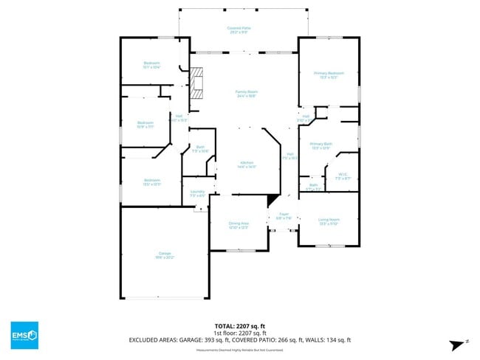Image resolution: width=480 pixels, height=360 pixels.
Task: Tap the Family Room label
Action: click(247, 94)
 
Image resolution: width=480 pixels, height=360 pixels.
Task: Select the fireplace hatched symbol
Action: click(196, 83)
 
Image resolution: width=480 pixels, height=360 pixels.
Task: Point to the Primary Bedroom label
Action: click(329, 75)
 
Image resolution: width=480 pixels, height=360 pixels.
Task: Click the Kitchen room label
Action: click(247, 165)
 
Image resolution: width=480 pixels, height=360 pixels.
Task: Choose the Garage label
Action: click(164, 255)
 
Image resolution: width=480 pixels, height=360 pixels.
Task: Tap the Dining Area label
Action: click(238, 225)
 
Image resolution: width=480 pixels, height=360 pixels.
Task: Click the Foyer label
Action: click(284, 215)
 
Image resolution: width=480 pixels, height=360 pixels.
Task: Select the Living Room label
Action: click(329, 221)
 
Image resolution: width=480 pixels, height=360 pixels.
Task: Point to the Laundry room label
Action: click(198, 194)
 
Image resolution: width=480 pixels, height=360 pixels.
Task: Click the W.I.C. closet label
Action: click(341, 176)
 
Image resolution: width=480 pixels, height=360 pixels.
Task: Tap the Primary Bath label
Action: click(321, 145)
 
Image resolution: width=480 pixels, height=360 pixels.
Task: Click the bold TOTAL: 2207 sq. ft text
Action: click(239, 325)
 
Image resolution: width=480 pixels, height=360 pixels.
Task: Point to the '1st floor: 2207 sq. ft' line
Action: click(239, 333)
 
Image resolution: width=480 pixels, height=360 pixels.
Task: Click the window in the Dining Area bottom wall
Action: click(237, 251)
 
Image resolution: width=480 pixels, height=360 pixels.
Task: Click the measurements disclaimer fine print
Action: click(239, 350)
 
